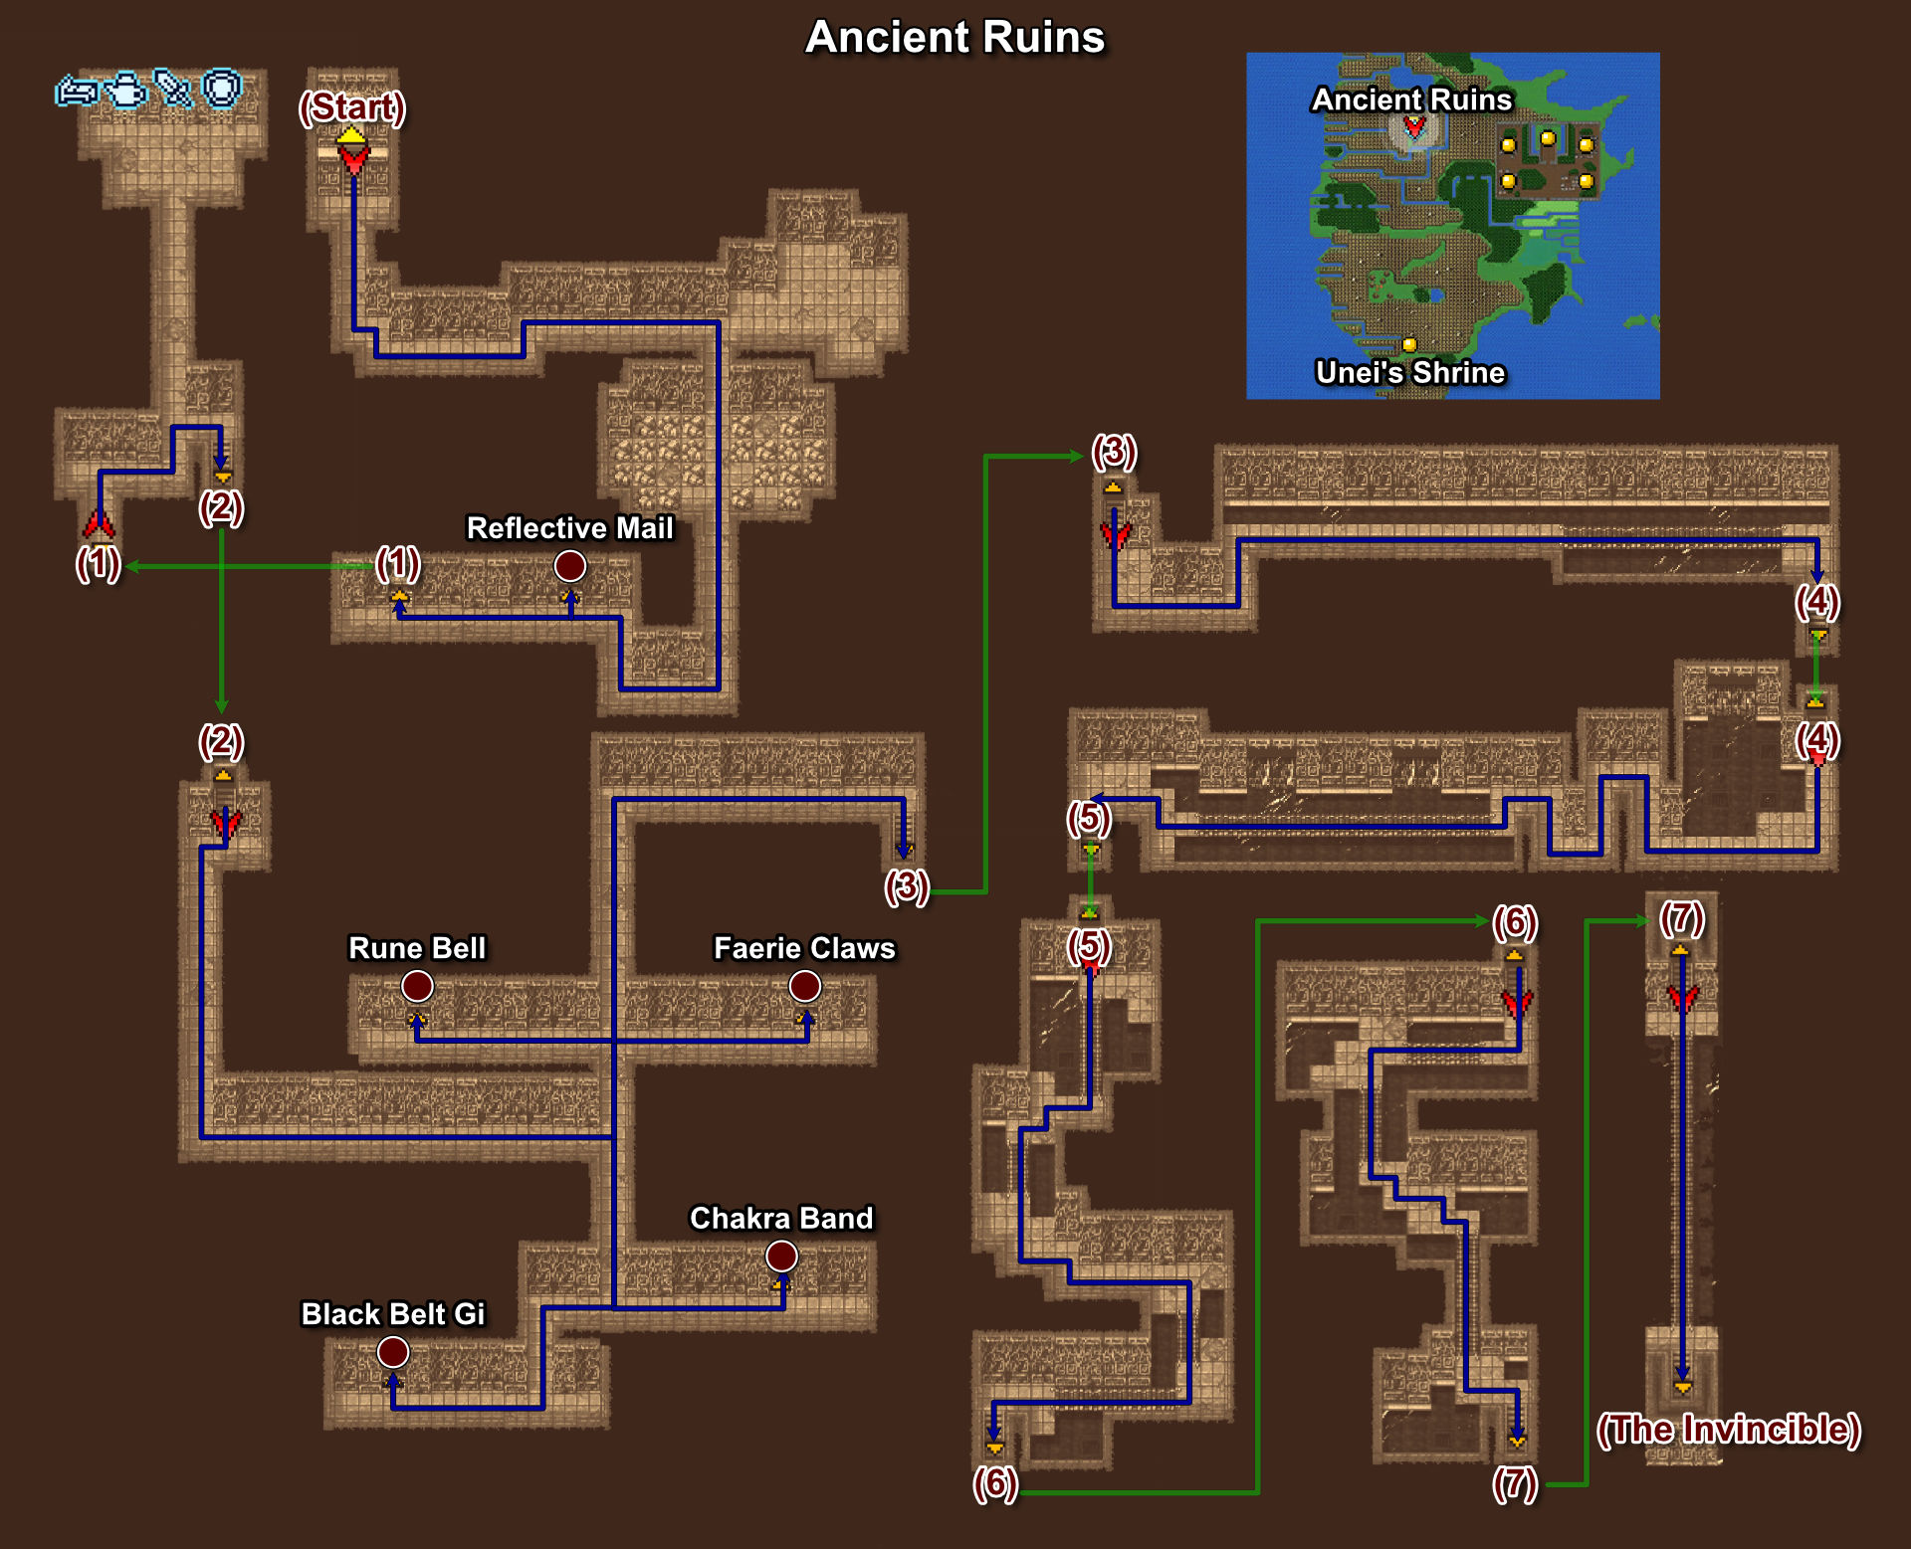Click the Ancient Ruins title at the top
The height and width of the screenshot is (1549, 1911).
point(955,37)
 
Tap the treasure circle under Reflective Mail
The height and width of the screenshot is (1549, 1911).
point(570,566)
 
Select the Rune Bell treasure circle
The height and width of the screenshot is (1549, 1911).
point(417,986)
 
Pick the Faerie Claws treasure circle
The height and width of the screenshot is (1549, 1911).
point(805,986)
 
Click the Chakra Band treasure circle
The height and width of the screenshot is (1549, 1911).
point(781,1257)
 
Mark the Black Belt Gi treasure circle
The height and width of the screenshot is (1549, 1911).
point(393,1352)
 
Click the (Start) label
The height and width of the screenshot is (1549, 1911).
point(352,107)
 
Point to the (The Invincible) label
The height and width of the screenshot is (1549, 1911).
point(1729,1430)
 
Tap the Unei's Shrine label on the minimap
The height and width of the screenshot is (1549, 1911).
point(1410,372)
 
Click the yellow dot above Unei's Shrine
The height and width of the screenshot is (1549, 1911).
point(1409,344)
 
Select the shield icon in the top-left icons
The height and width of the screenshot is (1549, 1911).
point(222,89)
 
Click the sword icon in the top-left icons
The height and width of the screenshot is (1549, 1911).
point(173,89)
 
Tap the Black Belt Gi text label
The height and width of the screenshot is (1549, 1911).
point(393,1314)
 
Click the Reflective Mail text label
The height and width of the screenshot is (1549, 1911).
point(570,528)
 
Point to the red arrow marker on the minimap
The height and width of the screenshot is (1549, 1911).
point(1414,126)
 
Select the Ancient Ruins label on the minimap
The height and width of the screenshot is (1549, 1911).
point(1411,99)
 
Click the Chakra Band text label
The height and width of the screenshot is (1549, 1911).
point(781,1219)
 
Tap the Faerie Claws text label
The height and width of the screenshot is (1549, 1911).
point(805,948)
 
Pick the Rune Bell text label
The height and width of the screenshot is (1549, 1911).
point(417,948)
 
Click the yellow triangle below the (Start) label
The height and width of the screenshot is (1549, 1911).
point(351,136)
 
